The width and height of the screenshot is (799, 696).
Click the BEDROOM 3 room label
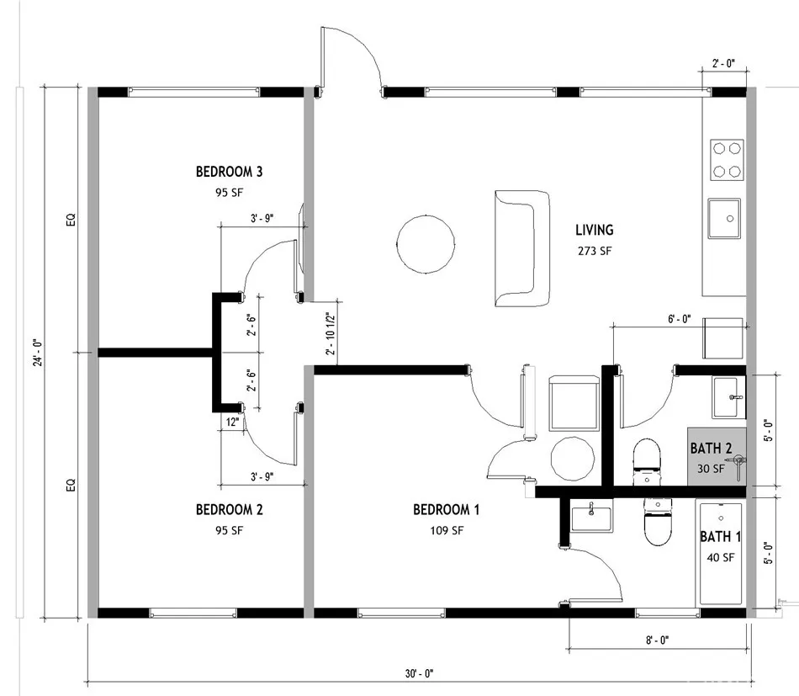(230, 172)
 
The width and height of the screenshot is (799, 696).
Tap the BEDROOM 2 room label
(230, 509)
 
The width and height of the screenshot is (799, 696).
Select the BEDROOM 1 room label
(446, 509)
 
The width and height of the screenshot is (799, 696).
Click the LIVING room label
(594, 230)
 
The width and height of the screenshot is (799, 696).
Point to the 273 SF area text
(594, 251)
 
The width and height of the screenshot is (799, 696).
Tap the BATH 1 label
(721, 536)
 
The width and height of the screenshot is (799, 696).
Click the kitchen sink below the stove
(723, 219)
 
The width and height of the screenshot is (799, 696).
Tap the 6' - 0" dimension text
(678, 318)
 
